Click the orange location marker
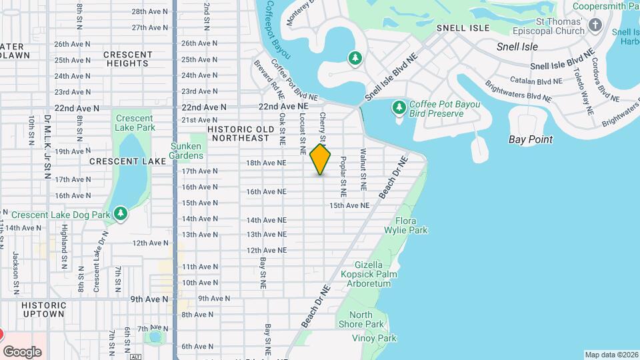point(321,159)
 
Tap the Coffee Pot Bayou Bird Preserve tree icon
point(399,107)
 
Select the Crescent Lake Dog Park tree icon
point(121,213)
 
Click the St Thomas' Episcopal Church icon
point(596,25)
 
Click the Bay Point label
point(530,139)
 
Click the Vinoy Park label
point(378,339)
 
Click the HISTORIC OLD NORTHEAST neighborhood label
point(241,133)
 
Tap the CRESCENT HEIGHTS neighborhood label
point(128,59)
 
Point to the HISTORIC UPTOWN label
point(43,309)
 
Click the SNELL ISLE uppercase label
point(463,28)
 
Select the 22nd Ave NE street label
point(284,106)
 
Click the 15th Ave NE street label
point(349,205)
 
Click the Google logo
point(22,351)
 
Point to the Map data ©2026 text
point(611,355)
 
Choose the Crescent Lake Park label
point(135,123)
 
